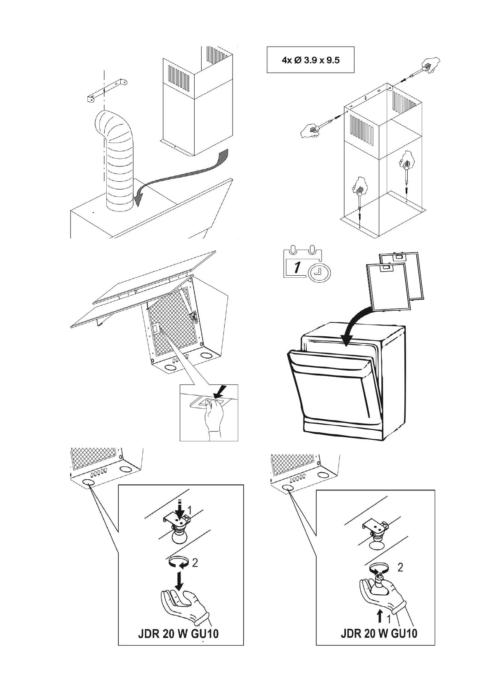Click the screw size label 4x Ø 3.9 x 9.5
click(x=310, y=60)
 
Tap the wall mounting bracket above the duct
click(x=107, y=89)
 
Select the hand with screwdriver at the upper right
click(x=429, y=66)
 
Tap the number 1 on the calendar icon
click(x=296, y=267)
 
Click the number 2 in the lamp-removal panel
click(x=195, y=562)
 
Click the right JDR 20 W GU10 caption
click(x=378, y=633)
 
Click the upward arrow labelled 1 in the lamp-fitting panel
click(x=380, y=617)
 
